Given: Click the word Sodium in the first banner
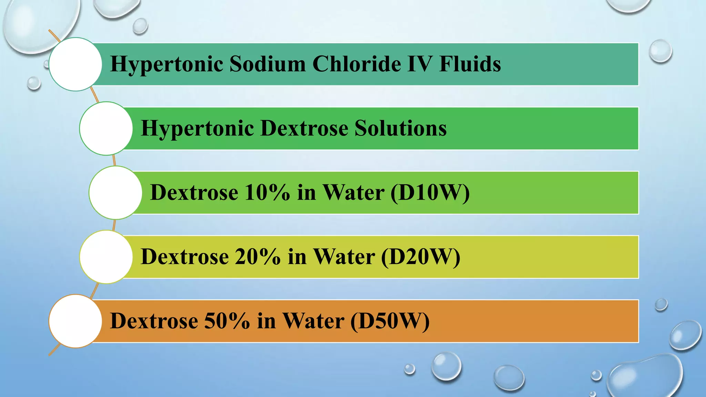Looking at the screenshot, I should coord(268,64).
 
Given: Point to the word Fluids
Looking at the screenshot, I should coord(470,64).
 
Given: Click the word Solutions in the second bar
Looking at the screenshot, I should coord(401,128).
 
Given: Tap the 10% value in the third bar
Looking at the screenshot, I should coord(267,192).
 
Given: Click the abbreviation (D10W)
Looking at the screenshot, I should coord(430,192).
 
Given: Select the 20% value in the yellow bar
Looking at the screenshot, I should coord(258,257).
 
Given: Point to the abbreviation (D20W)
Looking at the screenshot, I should coord(421,257).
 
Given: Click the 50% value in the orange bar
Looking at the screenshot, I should coord(227,321).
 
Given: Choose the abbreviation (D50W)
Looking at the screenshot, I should coord(390,321).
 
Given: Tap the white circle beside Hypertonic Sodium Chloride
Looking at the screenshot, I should coord(75,64).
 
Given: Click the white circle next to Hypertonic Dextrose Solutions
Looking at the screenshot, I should coord(106,128).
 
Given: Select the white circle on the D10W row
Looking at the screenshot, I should coord(115,193).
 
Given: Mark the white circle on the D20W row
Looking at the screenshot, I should coord(106,257).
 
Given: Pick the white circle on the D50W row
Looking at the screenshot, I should coord(75,321).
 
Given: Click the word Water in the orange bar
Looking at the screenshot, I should coord(313,321).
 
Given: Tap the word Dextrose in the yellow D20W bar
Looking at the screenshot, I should coord(185,257).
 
